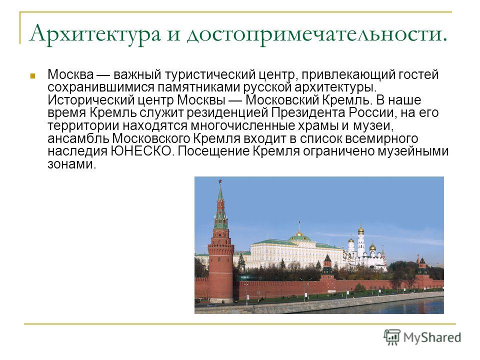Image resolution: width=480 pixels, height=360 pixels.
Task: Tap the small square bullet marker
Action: coord(33,75)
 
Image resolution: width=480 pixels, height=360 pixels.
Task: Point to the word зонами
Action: coord(72,165)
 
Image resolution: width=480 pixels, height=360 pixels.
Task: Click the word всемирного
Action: coord(381,139)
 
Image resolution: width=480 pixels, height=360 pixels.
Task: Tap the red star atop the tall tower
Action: coord(220,182)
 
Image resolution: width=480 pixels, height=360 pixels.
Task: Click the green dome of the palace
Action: coord(299,237)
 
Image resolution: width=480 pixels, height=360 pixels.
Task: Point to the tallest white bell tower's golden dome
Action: coord(361,230)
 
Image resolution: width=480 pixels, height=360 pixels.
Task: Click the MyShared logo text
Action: coord(432,337)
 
